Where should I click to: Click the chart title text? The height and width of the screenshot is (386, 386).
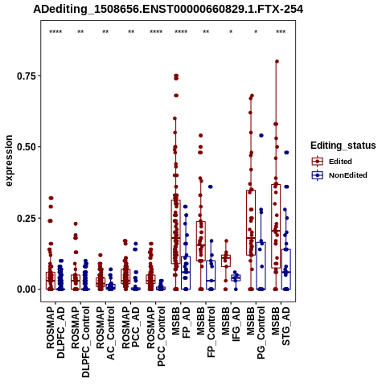tap(168, 9)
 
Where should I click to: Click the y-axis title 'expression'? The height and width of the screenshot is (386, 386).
tap(9, 161)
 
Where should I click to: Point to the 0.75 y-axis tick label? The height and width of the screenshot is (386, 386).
tap(27, 76)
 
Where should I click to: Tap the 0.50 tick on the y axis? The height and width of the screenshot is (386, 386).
tap(27, 147)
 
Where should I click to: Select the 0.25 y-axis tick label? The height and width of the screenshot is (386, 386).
tap(27, 218)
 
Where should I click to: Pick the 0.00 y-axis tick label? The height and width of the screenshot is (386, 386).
tap(27, 289)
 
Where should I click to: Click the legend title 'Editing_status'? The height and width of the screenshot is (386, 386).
tap(343, 146)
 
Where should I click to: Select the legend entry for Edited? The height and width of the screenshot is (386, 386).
tap(332, 162)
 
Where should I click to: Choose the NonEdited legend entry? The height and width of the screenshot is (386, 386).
tap(339, 175)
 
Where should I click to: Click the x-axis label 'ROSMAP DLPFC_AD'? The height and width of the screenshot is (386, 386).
tap(55, 332)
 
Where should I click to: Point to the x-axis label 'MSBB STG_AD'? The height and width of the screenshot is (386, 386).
tap(281, 326)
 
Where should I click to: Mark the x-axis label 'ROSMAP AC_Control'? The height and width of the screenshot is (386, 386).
tap(105, 333)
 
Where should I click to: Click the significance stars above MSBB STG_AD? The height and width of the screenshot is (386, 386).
tap(281, 32)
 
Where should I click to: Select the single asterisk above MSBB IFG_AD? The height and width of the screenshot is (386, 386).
tap(231, 32)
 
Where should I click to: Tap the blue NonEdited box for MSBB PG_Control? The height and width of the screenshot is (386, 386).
tap(261, 266)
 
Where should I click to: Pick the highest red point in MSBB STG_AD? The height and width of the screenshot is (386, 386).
tap(277, 61)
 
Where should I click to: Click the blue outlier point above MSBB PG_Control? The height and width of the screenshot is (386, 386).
tap(261, 135)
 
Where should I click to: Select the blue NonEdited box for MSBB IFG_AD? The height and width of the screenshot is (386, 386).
tap(236, 278)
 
